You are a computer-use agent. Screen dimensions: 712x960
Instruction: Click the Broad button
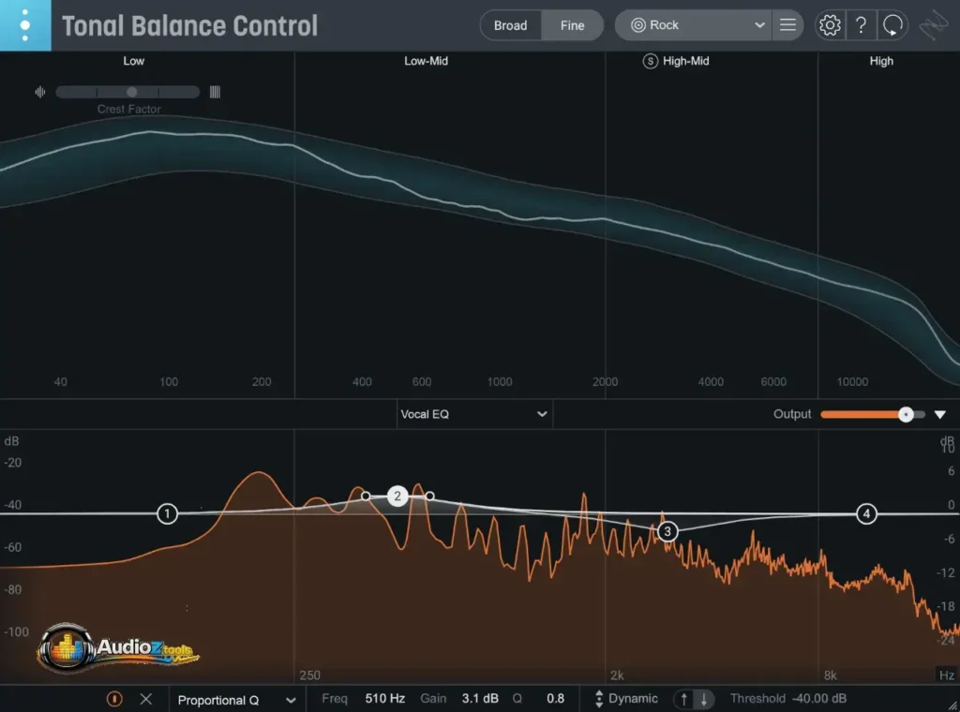[510, 25]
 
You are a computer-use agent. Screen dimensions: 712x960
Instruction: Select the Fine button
[572, 25]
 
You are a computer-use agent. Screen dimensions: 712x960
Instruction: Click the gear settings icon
[830, 25]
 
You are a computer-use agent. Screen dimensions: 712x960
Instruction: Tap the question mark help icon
[861, 25]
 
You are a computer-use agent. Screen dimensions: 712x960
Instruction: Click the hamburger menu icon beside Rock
[787, 25]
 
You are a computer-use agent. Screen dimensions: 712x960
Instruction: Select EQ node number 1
[167, 513]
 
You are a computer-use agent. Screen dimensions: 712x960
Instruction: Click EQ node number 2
[397, 497]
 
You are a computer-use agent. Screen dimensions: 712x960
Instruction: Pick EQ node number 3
[667, 532]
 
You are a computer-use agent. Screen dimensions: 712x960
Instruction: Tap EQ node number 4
[866, 513]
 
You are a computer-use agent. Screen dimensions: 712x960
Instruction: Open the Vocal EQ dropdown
[473, 414]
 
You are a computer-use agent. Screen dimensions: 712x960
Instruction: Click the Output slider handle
[906, 414]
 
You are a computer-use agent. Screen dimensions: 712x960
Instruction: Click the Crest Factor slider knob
[131, 92]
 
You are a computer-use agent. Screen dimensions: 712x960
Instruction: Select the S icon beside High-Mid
[650, 61]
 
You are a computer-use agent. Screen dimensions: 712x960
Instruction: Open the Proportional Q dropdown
[236, 699]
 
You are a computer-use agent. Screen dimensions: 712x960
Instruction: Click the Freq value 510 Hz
[384, 699]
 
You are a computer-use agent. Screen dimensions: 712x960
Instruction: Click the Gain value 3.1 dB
[480, 699]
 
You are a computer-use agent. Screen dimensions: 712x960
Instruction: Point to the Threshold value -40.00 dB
[818, 699]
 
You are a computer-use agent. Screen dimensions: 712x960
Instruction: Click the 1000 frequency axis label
[500, 382]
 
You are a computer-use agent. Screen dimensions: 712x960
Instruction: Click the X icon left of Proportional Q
[145, 699]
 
